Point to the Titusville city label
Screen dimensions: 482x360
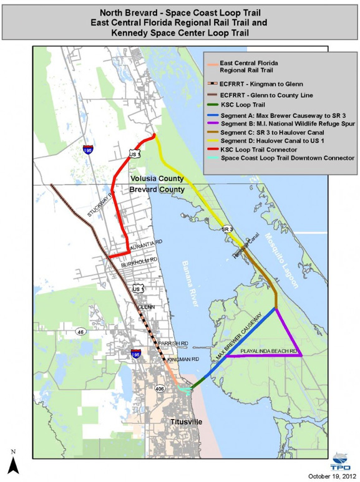click(187, 423)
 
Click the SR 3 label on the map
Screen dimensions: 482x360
click(226, 230)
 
